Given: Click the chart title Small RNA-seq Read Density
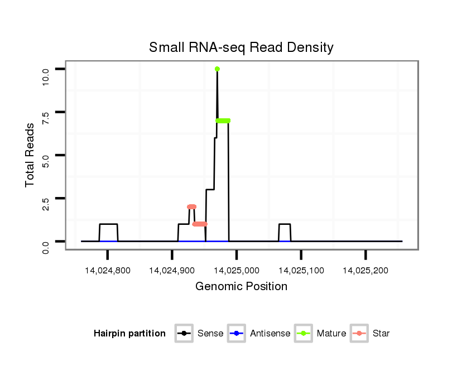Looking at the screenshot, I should click(241, 47).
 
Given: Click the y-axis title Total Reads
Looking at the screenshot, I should click(30, 155).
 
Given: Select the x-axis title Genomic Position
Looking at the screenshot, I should click(241, 287).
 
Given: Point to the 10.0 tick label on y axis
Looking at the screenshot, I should click(46, 74).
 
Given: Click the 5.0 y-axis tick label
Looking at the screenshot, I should click(46, 155).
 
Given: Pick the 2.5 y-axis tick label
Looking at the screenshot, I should click(46, 199).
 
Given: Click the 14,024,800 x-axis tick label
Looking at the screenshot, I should click(107, 270).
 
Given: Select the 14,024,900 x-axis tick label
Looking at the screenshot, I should click(172, 270).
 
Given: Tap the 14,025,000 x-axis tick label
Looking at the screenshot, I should click(237, 270).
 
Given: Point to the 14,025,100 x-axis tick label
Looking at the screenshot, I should click(301, 270).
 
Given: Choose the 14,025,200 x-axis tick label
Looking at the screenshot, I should click(366, 270).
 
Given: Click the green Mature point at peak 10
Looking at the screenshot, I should click(217, 69).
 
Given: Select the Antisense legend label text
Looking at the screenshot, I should click(270, 334).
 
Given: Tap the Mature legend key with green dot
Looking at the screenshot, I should click(303, 334).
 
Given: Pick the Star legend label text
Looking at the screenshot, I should click(382, 334).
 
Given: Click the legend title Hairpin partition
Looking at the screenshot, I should click(129, 334).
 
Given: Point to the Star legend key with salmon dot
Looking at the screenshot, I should click(360, 334).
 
